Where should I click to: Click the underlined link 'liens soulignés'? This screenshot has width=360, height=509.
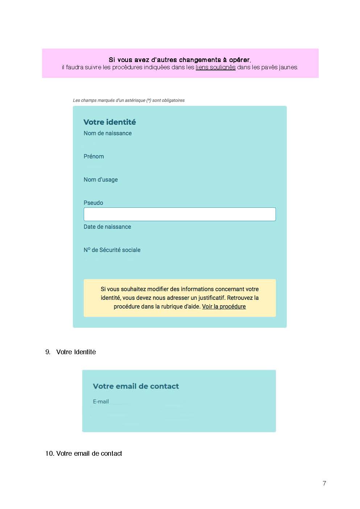pos(215,67)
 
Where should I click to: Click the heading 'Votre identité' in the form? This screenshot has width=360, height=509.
pos(109,122)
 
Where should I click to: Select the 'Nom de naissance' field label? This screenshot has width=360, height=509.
pos(107,133)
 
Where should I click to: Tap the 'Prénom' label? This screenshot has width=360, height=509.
pos(94,157)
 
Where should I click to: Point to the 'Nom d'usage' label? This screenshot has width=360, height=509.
pos(100,180)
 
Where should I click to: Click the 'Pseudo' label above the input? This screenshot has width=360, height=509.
pos(93,203)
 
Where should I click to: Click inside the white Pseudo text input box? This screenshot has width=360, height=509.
pos(179,214)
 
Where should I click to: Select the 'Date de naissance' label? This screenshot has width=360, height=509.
pos(107,227)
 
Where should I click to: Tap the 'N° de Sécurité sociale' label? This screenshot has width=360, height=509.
pos(112,250)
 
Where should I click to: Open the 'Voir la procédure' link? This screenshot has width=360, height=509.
pos(224,307)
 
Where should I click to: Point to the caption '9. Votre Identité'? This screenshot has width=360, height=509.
pos(71,352)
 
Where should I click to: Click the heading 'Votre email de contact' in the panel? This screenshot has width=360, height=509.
pos(136,386)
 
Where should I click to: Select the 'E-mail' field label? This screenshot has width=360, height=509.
pos(101,402)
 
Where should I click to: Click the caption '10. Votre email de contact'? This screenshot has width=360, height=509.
pos(83,454)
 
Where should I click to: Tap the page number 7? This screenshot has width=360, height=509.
pos(324,483)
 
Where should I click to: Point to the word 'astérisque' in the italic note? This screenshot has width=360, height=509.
pos(135,100)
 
